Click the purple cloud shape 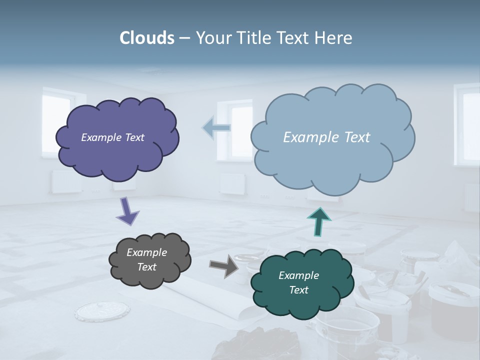tap(117, 155)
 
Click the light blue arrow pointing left tap(216, 128)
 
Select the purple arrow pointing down tap(127, 211)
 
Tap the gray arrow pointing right tap(223, 265)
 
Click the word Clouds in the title tap(146, 38)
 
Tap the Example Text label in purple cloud tap(112, 137)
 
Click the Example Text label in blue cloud tap(326, 137)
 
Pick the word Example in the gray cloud tap(146, 252)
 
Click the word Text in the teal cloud tap(298, 290)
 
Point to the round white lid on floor tap(95, 312)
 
